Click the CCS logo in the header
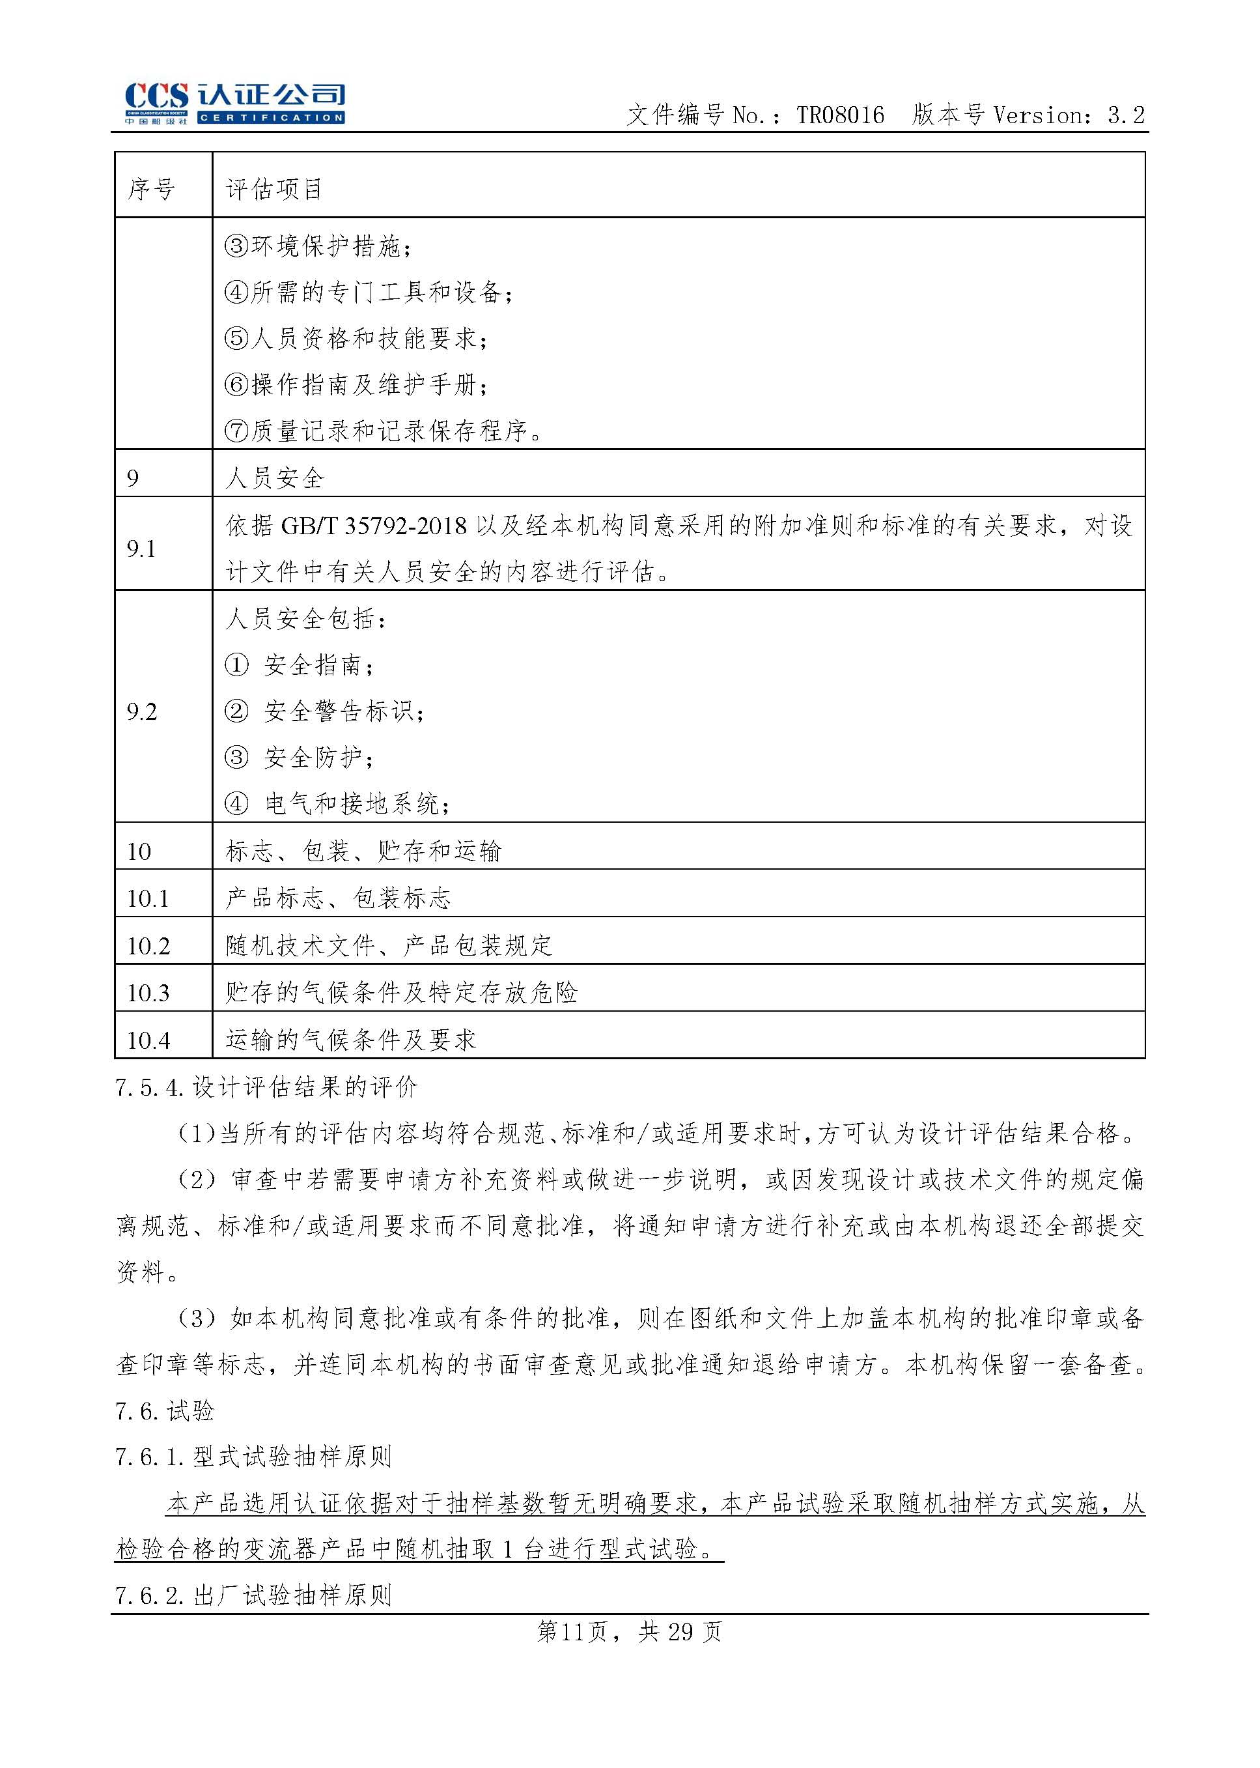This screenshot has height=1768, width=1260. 234,102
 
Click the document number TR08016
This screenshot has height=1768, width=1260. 840,116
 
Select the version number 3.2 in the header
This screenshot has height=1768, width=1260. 1126,116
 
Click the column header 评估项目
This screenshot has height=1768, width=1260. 274,189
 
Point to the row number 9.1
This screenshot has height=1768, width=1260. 141,550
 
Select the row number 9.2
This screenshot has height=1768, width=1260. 141,712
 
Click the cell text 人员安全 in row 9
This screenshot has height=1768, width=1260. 275,478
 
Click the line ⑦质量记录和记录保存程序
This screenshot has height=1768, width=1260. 384,431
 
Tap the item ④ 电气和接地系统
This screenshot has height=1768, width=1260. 337,804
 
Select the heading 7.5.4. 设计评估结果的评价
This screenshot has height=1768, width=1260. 266,1087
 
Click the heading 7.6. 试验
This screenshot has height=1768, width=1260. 165,1410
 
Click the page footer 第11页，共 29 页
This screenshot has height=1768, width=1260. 629,1633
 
